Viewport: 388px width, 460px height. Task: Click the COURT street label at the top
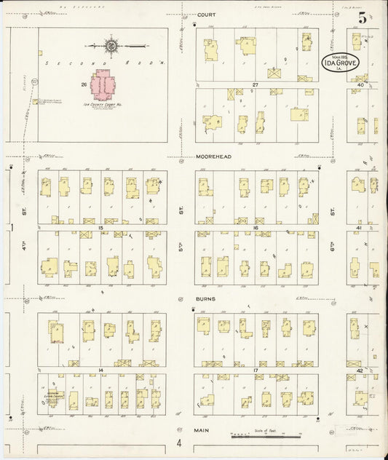tap(207, 14)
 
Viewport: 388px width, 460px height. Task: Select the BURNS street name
tap(206, 298)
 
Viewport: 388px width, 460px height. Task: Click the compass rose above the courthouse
tap(111, 47)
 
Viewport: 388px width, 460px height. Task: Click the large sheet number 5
tap(362, 20)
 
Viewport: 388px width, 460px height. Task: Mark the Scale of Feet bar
tap(266, 436)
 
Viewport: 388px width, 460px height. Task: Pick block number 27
tap(256, 85)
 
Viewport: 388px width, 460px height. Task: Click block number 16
tap(256, 228)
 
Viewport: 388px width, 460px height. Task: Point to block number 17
tap(256, 370)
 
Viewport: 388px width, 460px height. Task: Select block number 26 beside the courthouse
tap(84, 84)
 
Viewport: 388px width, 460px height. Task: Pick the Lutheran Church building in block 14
tap(55, 397)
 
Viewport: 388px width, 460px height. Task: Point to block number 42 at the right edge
tap(360, 370)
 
